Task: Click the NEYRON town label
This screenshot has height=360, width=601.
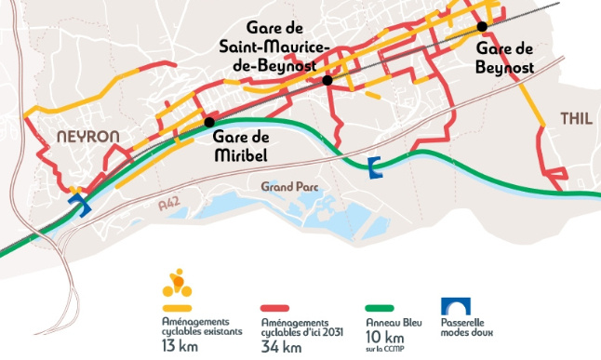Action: pyautogui.click(x=88, y=136)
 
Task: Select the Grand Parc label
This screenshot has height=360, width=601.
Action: pyautogui.click(x=289, y=186)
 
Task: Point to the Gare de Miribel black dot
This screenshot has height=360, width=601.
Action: pyautogui.click(x=209, y=122)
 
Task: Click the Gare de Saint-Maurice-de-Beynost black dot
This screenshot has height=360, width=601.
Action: pyautogui.click(x=327, y=81)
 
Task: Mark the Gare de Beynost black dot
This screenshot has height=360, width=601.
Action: pyautogui.click(x=482, y=26)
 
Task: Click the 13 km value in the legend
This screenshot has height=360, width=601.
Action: pyautogui.click(x=179, y=347)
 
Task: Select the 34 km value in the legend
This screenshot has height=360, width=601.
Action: pyautogui.click(x=281, y=347)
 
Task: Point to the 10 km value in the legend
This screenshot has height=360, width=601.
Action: pyautogui.click(x=377, y=335)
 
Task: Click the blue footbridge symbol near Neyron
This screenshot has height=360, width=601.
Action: pyautogui.click(x=78, y=204)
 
